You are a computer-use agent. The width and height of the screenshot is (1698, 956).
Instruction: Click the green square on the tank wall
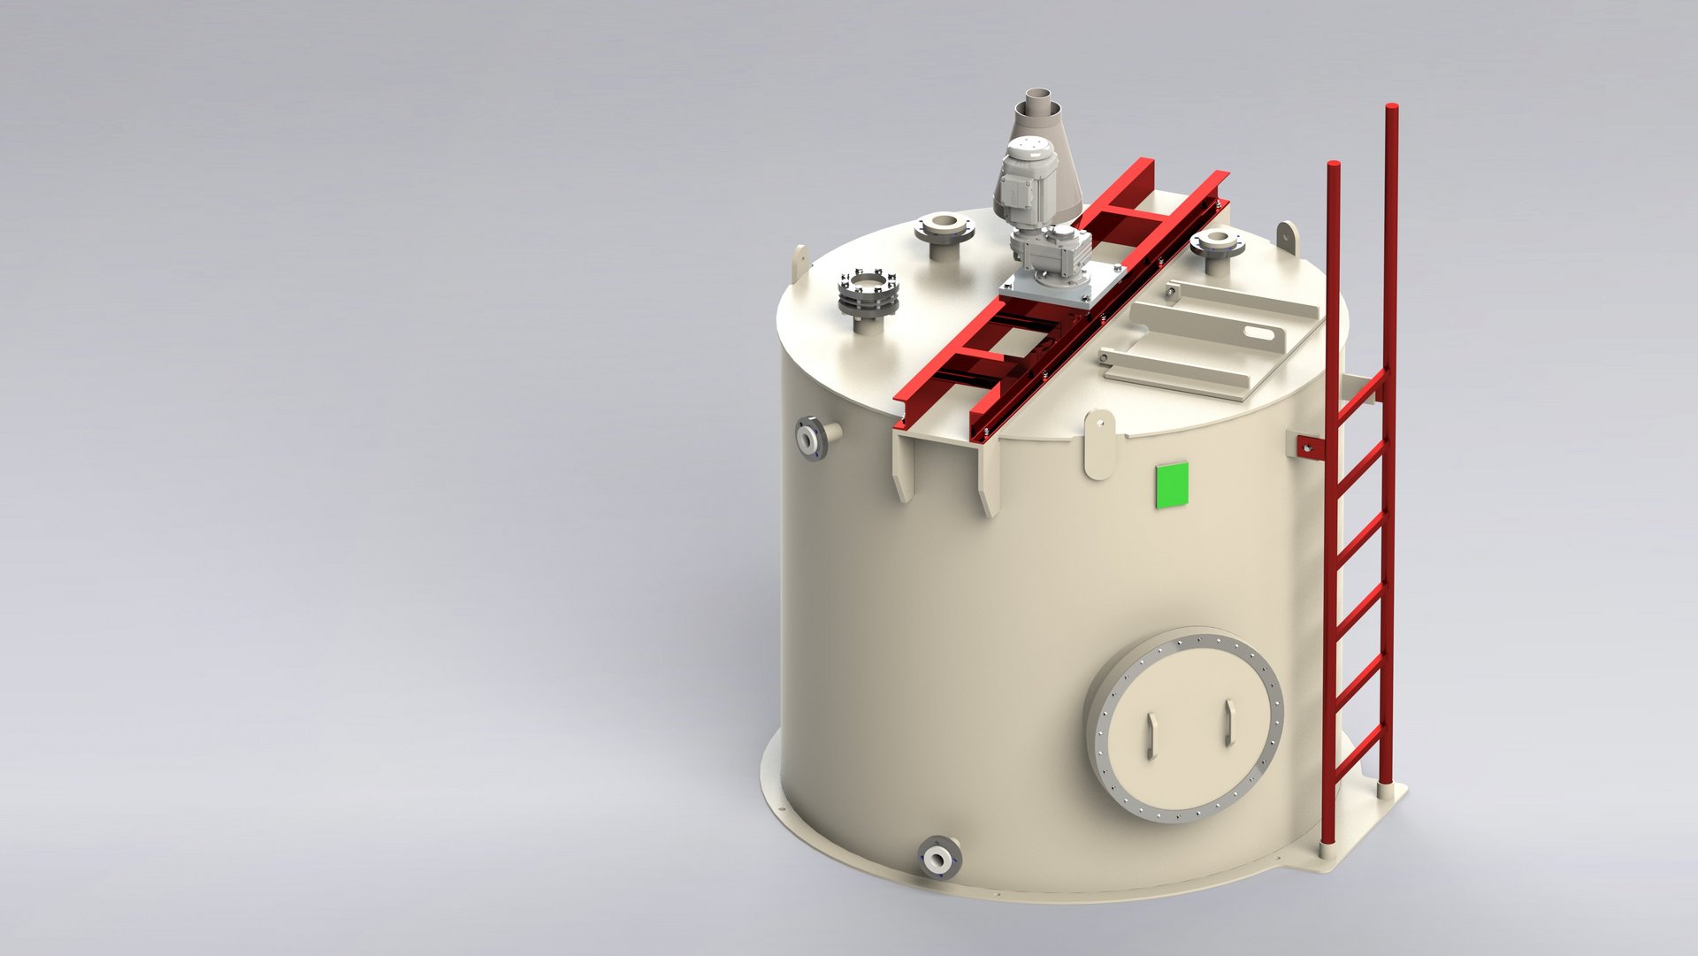pyautogui.click(x=1173, y=486)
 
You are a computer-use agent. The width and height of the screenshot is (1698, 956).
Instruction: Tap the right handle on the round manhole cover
pyautogui.click(x=1228, y=722)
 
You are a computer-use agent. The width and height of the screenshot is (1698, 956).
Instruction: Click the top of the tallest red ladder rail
pyautogui.click(x=1390, y=111)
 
